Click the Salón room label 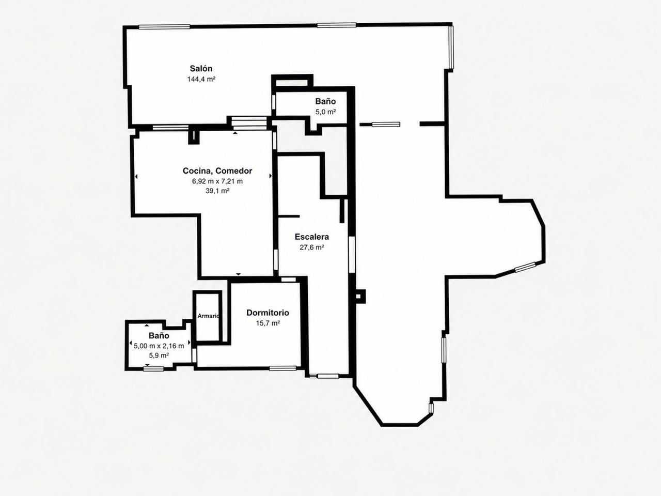click(x=201, y=68)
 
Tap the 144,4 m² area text click(x=201, y=79)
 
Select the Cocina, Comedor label click(x=217, y=171)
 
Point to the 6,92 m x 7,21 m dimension click(x=217, y=181)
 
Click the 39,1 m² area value click(x=217, y=191)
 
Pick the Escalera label click(x=312, y=237)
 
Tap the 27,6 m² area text click(x=312, y=247)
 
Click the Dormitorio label click(x=267, y=313)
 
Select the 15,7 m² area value click(x=268, y=323)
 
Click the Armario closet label click(x=209, y=316)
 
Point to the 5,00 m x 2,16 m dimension click(x=159, y=346)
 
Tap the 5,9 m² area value click(x=159, y=355)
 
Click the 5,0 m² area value click(x=325, y=112)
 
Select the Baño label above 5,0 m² click(x=325, y=101)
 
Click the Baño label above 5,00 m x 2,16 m click(x=159, y=335)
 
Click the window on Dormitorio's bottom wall click(x=283, y=368)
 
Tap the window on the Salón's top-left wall click(x=164, y=27)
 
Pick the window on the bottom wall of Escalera click(x=328, y=376)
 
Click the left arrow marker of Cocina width click(x=136, y=177)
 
